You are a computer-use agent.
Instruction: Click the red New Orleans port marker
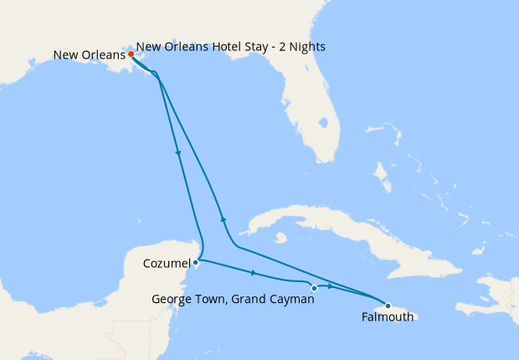click(x=131, y=54)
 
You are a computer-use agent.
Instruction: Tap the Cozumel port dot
click(x=195, y=262)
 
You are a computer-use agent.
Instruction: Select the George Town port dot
click(x=314, y=288)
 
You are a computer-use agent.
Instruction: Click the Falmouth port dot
click(x=388, y=306)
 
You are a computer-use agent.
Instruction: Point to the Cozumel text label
click(x=167, y=264)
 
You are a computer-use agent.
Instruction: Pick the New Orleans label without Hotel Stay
click(x=89, y=55)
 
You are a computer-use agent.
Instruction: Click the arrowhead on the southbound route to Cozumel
click(x=178, y=153)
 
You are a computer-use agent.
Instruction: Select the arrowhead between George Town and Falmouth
click(x=331, y=287)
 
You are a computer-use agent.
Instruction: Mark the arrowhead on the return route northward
click(x=223, y=218)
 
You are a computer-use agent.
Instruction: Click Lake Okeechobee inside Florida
click(x=323, y=124)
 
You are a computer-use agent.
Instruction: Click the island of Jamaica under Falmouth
click(x=402, y=311)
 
